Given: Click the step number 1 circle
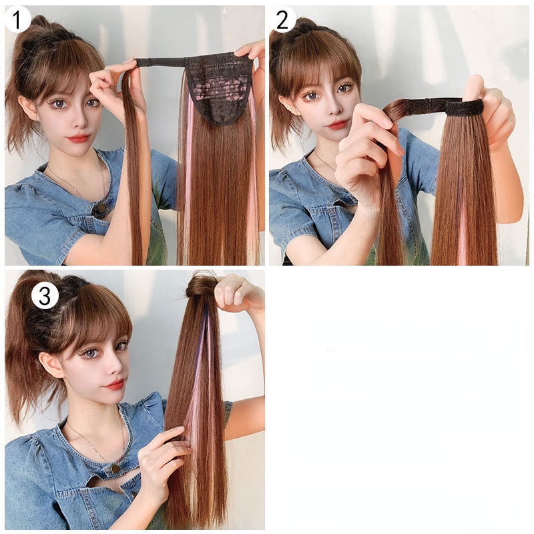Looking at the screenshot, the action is [17, 19].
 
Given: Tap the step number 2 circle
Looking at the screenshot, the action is [282, 19].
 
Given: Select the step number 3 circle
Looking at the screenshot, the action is [45, 296].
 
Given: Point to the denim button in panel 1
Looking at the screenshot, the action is [101, 208].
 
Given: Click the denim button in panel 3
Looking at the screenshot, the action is [115, 469].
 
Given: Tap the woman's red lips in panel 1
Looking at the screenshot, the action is [79, 138].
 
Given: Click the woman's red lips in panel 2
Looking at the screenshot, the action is [337, 124].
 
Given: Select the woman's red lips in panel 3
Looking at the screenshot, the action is [114, 384].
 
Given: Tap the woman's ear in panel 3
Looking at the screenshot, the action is [52, 364].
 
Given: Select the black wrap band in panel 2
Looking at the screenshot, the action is [443, 105].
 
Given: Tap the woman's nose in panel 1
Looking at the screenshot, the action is [79, 120].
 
